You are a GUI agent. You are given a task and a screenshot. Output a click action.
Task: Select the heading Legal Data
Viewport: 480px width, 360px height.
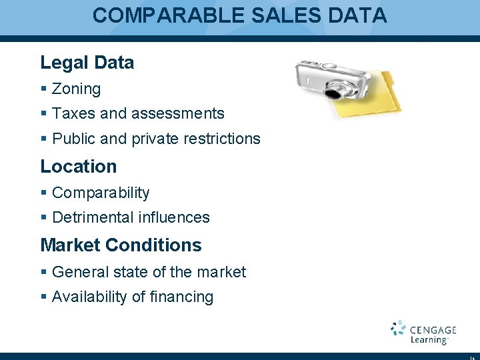(x=87, y=63)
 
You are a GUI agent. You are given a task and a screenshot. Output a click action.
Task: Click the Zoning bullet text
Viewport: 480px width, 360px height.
(x=76, y=89)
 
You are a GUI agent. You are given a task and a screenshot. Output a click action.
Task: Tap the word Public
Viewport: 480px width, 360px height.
(x=74, y=139)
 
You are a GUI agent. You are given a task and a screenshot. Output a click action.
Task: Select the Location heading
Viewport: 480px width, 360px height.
(x=79, y=166)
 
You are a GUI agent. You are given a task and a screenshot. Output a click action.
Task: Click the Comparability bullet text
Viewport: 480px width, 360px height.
(x=101, y=193)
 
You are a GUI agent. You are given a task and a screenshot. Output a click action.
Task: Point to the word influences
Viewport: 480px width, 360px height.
(x=174, y=217)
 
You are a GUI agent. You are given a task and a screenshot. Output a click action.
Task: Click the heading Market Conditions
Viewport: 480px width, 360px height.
(x=121, y=245)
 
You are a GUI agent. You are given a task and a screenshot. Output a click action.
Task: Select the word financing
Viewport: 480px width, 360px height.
(x=182, y=297)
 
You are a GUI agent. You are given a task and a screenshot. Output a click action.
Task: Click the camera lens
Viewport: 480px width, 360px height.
(x=339, y=89)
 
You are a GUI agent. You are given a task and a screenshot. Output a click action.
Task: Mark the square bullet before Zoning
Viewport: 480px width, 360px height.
(x=43, y=89)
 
